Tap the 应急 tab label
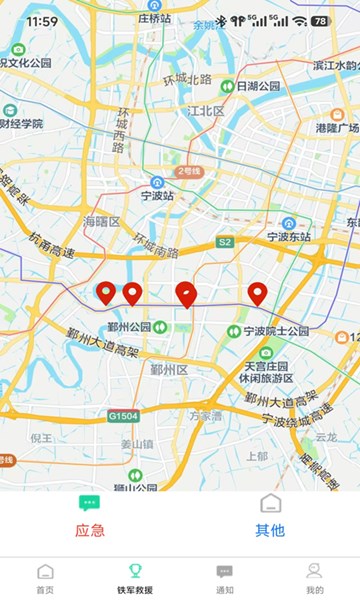(90, 530)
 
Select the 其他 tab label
(270, 530)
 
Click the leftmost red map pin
(106, 292)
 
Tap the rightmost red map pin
(257, 293)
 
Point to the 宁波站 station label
(157, 195)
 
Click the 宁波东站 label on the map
(290, 237)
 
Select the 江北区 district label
(206, 111)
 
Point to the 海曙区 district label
(102, 221)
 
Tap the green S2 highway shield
(225, 243)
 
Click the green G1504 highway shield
(123, 415)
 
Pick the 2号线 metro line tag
(189, 171)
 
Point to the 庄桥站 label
(155, 18)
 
